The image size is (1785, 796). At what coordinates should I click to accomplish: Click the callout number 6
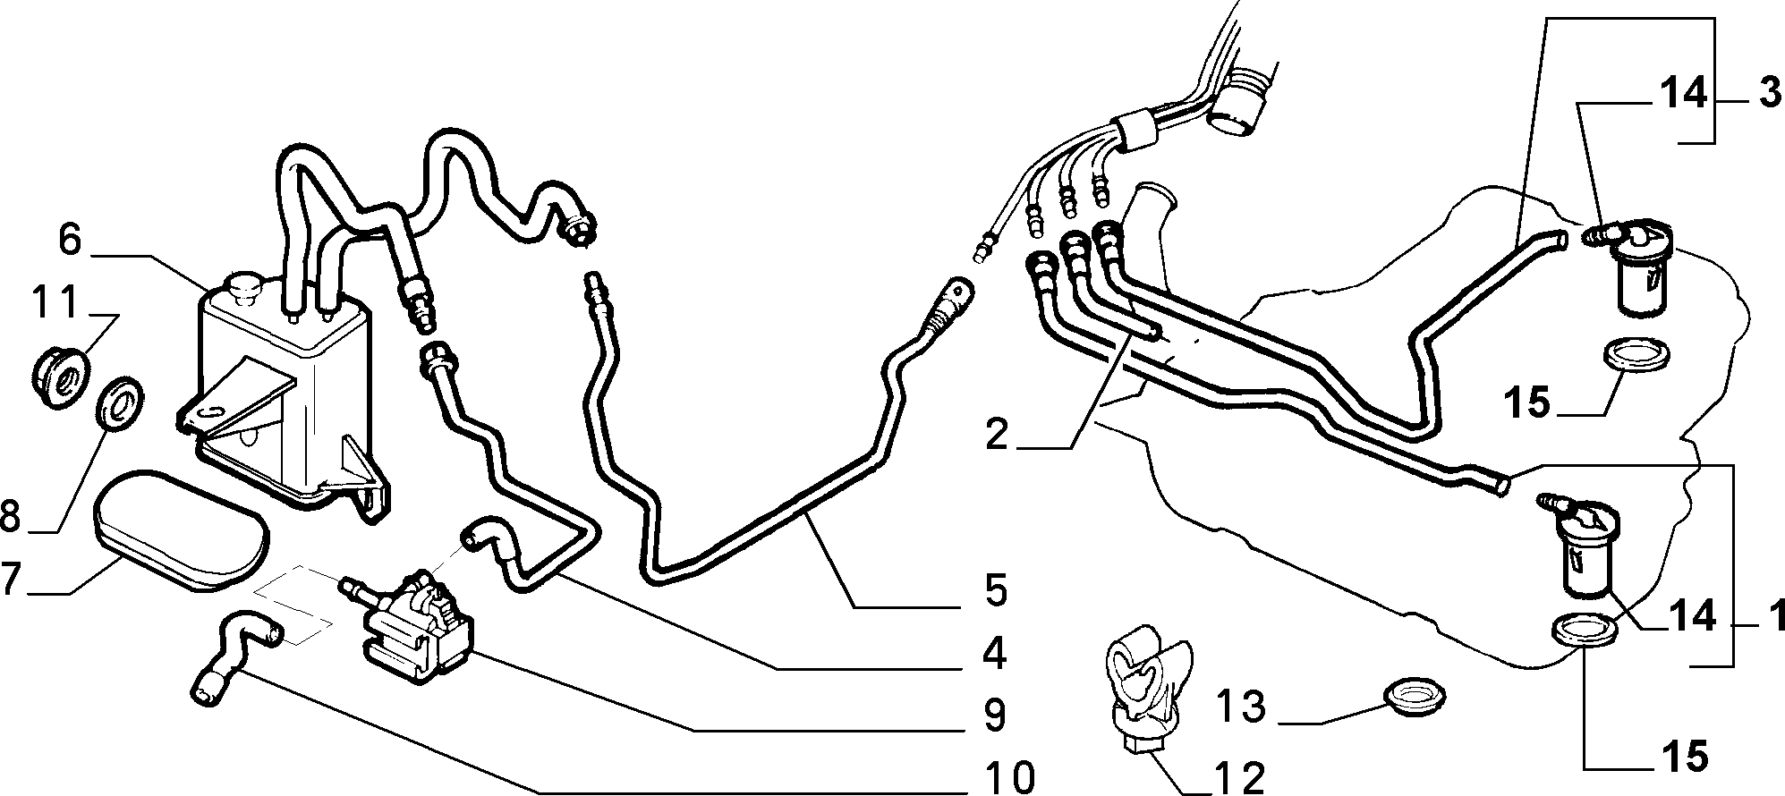coord(72,241)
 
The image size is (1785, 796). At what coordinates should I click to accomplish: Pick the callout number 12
coord(1238,777)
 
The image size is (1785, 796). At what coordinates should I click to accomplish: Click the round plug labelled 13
coord(1415,696)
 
